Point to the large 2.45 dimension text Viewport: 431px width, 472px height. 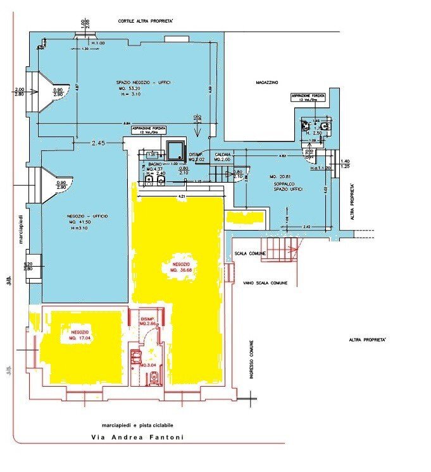(97, 143)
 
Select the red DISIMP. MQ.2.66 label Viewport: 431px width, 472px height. (147, 321)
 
